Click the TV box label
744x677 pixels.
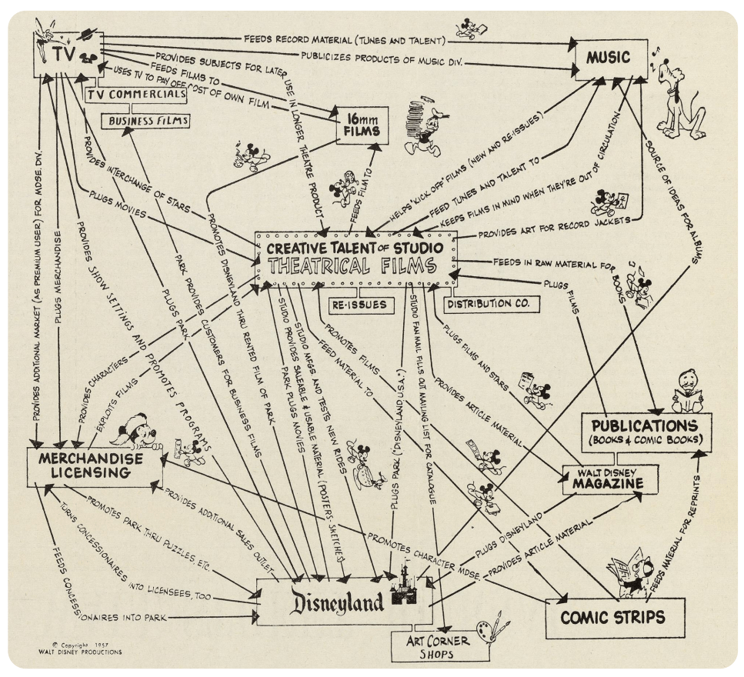tap(60, 52)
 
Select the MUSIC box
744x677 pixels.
tap(608, 58)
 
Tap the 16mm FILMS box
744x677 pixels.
tap(362, 125)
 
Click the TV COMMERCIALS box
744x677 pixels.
tap(135, 95)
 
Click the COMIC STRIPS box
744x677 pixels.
tap(612, 617)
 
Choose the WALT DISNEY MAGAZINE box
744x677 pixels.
tap(612, 479)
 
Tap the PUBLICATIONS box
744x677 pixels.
tap(645, 432)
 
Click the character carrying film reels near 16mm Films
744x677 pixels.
tap(426, 123)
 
